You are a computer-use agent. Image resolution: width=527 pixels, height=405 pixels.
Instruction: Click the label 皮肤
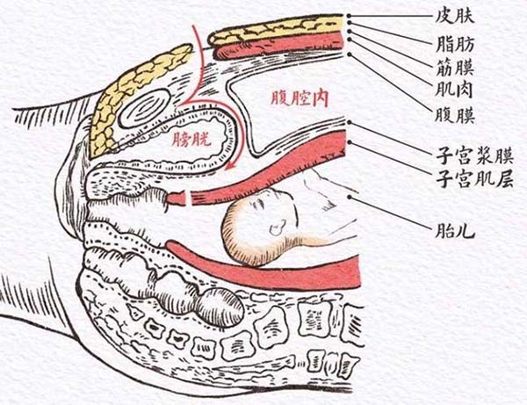click(x=454, y=16)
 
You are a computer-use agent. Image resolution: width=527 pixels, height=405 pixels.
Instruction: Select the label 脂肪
click(x=455, y=44)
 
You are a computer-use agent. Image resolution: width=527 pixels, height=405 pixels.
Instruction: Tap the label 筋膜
click(x=455, y=67)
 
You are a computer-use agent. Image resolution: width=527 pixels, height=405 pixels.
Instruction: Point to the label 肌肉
click(x=454, y=90)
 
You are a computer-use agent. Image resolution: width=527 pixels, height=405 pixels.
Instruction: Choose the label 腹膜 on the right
click(x=455, y=116)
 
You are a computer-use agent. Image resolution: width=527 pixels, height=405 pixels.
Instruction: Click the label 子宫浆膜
click(x=474, y=155)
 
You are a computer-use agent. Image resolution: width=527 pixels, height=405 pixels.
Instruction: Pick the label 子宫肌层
click(x=474, y=179)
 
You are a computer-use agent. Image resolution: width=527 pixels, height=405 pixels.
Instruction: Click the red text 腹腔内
click(x=300, y=98)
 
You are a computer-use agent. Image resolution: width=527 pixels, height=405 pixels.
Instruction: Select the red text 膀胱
click(x=191, y=139)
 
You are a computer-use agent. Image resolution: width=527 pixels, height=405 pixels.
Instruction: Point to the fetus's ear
click(x=278, y=228)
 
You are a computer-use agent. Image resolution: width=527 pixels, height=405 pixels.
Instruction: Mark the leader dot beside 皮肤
click(x=350, y=16)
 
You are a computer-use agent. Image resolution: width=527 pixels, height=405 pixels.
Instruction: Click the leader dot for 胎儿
click(x=350, y=197)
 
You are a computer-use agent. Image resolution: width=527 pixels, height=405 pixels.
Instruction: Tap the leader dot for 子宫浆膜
click(x=350, y=122)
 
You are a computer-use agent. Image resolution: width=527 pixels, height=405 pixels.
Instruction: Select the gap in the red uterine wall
click(x=189, y=198)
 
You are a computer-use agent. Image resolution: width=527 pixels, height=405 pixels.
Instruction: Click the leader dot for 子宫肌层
click(x=350, y=142)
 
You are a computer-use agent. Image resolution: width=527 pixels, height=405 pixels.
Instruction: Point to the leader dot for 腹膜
click(x=350, y=54)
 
